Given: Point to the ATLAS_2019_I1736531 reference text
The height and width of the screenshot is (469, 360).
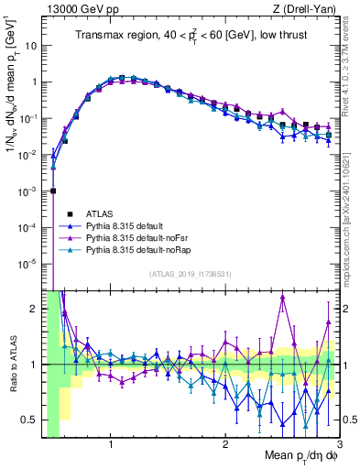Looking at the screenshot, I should tap(190, 273).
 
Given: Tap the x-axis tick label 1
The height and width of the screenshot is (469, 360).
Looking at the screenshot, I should tap(111, 446).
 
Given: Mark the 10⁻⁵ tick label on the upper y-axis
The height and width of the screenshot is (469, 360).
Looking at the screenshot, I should tap(27, 263).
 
